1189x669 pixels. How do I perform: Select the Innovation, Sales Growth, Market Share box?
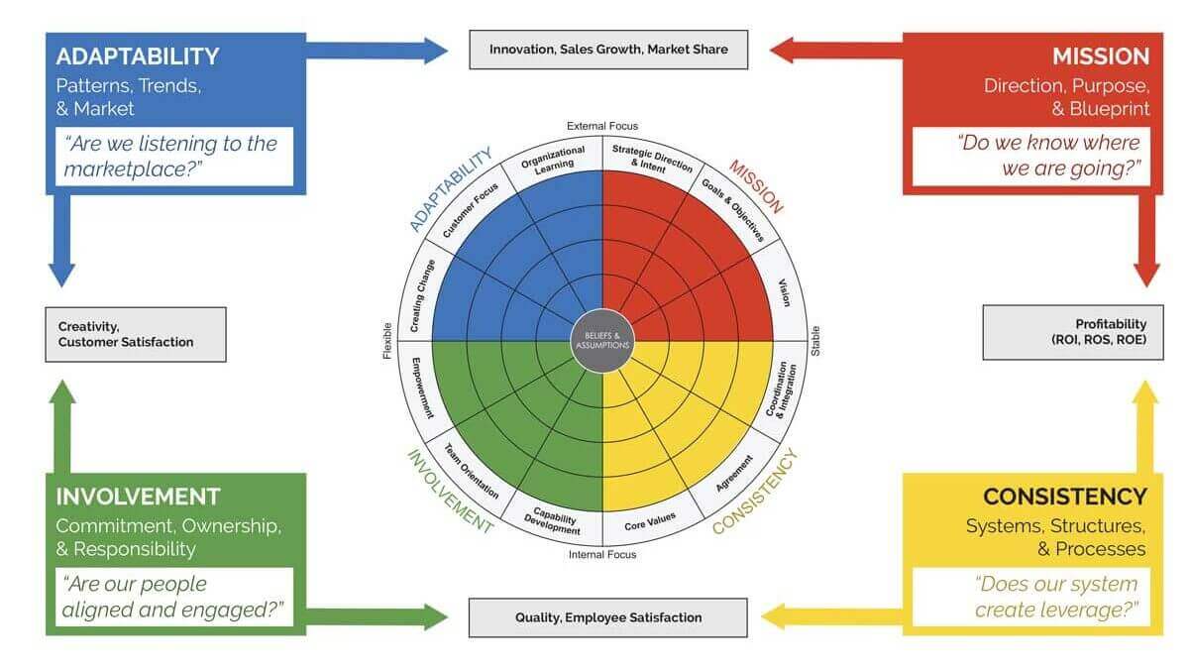(x=608, y=49)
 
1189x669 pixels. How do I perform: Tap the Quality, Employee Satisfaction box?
(x=608, y=617)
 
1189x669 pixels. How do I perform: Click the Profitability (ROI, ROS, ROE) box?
(x=1073, y=332)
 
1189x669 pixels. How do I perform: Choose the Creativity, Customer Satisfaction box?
(x=136, y=334)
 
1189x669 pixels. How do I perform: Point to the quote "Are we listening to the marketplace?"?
(x=174, y=156)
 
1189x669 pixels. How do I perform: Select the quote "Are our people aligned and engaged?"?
(x=174, y=597)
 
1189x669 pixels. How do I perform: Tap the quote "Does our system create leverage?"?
(x=1036, y=596)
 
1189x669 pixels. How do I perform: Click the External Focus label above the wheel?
(x=602, y=126)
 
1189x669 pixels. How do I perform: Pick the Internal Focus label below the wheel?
(x=602, y=555)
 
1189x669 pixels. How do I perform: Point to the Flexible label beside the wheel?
(x=388, y=339)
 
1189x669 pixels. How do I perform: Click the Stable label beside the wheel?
(x=816, y=341)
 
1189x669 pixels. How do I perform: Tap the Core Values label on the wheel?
(x=649, y=521)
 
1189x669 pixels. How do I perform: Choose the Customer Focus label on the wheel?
(x=463, y=209)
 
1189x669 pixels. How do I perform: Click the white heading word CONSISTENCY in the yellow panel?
(x=1064, y=497)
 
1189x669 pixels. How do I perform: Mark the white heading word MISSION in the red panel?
(x=1100, y=56)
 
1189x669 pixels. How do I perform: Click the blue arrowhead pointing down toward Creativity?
(x=62, y=275)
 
